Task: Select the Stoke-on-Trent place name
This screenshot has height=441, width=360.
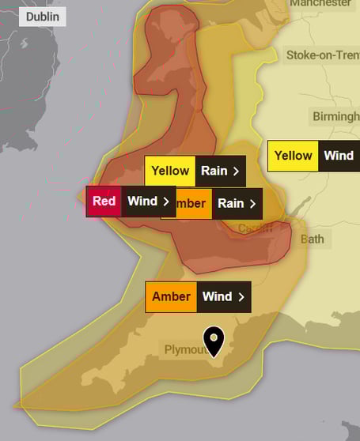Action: click(322, 55)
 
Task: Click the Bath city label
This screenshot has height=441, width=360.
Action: click(313, 239)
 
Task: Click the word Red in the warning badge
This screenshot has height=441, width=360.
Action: click(104, 202)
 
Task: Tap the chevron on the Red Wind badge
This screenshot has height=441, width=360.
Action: click(166, 202)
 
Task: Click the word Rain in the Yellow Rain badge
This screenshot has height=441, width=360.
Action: click(214, 171)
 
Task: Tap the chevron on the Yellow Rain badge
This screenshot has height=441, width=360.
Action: click(236, 171)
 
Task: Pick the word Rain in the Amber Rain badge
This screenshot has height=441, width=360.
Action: click(230, 203)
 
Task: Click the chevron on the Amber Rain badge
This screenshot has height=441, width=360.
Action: click(252, 203)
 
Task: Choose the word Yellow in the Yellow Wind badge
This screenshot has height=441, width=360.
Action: click(294, 156)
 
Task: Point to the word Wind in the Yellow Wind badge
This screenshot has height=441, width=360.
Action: click(339, 156)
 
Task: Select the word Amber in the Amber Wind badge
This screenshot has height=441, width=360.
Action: click(171, 297)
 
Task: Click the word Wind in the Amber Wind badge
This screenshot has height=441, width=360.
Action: click(217, 297)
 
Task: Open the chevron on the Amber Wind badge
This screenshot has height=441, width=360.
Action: click(241, 297)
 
